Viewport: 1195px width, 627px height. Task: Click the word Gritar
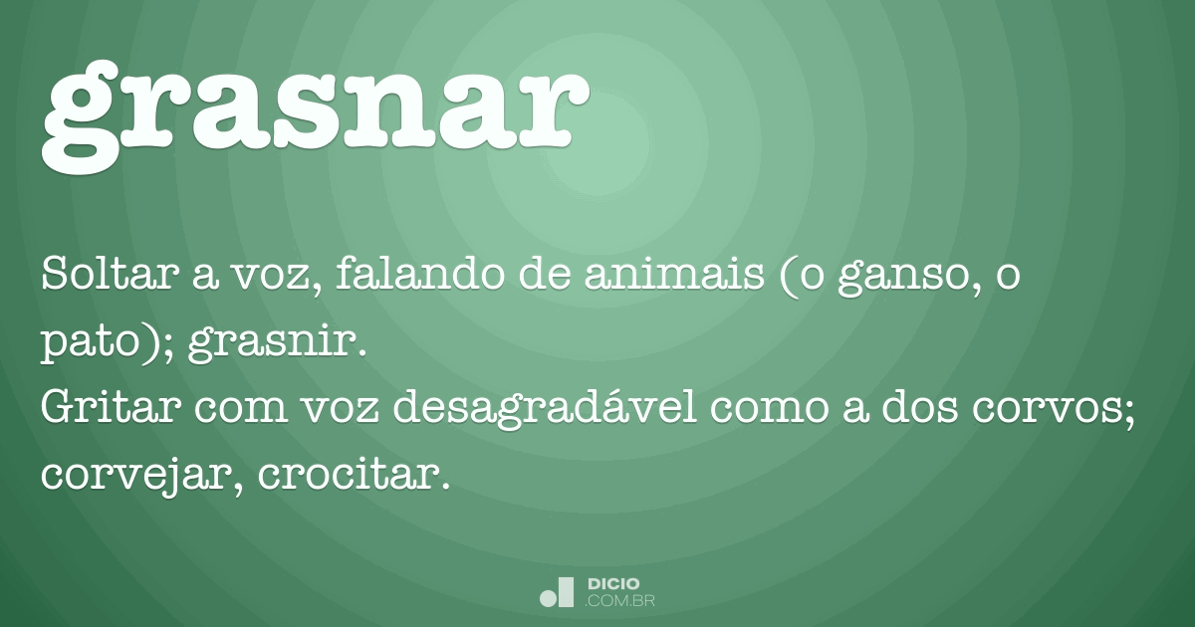100,409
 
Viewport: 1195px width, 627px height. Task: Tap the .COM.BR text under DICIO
620,601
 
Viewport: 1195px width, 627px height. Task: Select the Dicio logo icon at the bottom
557,591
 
